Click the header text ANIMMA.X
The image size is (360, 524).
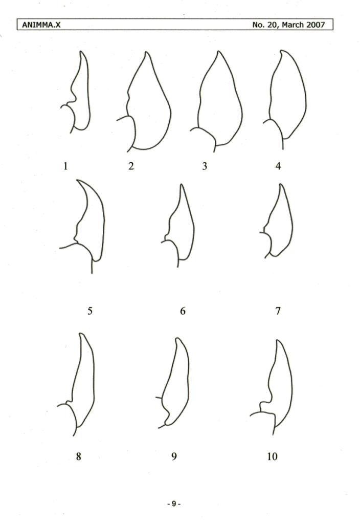(41, 25)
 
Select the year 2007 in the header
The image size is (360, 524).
(316, 25)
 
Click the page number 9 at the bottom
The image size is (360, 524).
(174, 504)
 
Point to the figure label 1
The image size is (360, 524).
(65, 166)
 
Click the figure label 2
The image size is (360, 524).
(131, 166)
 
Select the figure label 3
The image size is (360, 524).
(205, 166)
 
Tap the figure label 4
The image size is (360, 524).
(278, 166)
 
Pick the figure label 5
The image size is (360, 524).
(90, 311)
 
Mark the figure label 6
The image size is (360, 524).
(183, 311)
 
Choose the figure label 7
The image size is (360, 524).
(278, 311)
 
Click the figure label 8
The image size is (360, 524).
(78, 456)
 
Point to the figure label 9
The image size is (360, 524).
(174, 456)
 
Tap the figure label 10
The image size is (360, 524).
(272, 456)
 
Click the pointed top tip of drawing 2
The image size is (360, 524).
(146, 52)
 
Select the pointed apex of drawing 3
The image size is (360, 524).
(219, 51)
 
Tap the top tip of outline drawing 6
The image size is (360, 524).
(182, 184)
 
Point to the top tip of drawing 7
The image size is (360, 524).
(281, 184)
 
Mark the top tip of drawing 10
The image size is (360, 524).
(278, 340)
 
